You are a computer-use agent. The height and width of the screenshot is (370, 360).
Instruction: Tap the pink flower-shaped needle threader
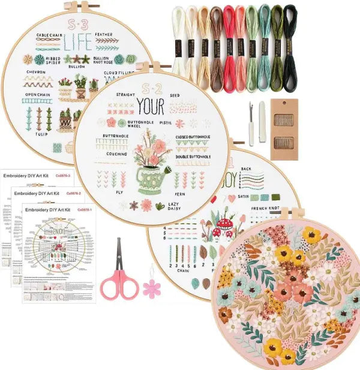point(152,288)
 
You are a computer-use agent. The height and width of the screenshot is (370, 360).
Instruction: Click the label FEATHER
point(116,35)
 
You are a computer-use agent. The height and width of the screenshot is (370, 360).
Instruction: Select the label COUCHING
point(111,154)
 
